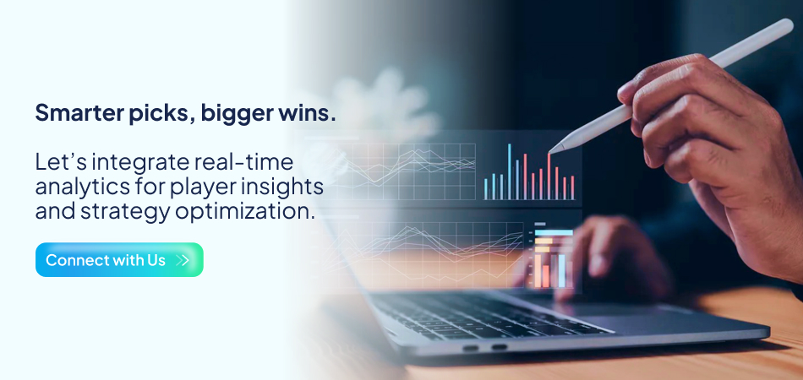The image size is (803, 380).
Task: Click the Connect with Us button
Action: (119, 260)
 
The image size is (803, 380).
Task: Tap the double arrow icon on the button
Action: (183, 260)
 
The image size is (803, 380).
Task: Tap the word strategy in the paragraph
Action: (119, 211)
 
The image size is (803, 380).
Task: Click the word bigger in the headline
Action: (233, 114)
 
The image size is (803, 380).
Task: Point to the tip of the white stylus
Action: (552, 151)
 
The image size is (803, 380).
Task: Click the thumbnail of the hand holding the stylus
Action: (710, 144)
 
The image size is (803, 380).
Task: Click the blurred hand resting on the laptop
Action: (609, 253)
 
